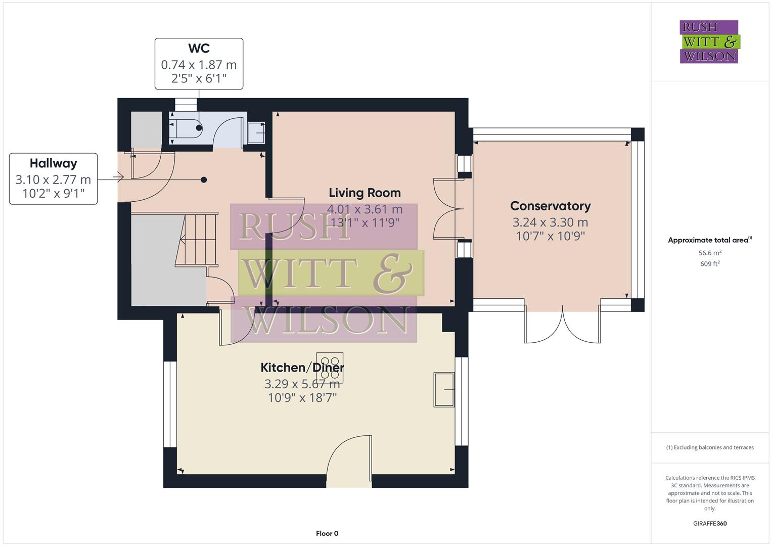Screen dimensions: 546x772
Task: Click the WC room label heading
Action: (x=199, y=49)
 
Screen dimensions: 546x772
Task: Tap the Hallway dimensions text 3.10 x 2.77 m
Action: (x=53, y=179)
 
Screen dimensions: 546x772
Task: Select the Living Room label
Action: (x=365, y=193)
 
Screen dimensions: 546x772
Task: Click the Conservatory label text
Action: (x=550, y=206)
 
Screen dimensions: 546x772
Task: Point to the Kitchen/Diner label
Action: (x=302, y=368)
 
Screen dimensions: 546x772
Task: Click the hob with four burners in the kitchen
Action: (x=330, y=366)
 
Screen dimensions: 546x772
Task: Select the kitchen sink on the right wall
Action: (x=444, y=389)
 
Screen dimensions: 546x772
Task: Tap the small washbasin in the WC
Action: (x=257, y=133)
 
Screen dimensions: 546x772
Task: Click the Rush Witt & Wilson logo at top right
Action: (x=709, y=41)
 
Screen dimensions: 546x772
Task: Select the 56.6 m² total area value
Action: (x=710, y=253)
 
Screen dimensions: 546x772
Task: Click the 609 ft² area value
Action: (x=710, y=264)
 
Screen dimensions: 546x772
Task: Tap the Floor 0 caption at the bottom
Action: (x=327, y=533)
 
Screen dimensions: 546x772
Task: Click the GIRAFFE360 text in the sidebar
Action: (x=710, y=523)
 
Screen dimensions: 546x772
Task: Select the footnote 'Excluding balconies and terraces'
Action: (x=710, y=447)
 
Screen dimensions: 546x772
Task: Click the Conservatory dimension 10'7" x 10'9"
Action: (x=550, y=236)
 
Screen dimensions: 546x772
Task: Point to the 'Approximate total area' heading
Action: (x=709, y=240)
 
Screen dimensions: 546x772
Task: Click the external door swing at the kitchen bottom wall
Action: (x=349, y=458)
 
